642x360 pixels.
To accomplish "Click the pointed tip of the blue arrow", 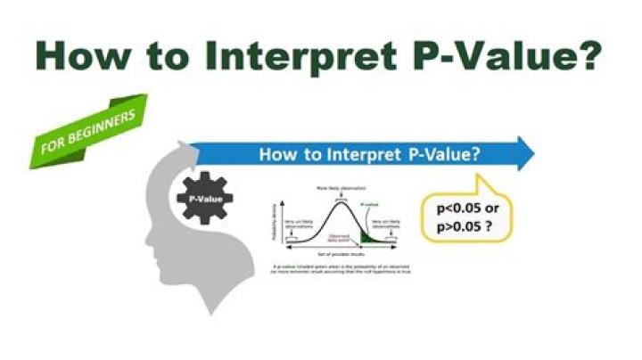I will (532, 153).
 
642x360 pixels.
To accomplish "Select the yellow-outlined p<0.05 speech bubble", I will (467, 213).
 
